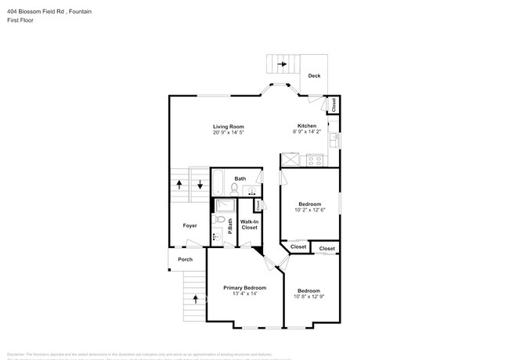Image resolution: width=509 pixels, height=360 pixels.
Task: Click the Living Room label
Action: [x=229, y=127]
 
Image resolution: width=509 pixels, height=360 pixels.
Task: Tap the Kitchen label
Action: [x=306, y=126]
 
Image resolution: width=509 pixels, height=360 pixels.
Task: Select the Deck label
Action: [x=314, y=76]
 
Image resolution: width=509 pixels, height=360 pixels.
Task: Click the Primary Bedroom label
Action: [x=244, y=288]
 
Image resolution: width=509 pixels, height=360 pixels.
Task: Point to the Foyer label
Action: [x=190, y=225]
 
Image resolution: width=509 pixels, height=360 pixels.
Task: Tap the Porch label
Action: [x=185, y=259]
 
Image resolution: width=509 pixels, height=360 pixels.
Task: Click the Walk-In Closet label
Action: [x=249, y=225]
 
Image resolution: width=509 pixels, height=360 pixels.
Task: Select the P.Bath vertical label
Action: [x=230, y=226]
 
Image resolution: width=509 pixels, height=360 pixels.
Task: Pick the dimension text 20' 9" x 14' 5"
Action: [x=229, y=133]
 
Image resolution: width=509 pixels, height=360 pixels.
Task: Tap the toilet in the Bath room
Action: [x=244, y=189]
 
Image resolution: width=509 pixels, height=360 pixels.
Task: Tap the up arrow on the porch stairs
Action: [x=194, y=298]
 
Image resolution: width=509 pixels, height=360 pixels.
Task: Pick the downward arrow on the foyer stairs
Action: [x=200, y=185]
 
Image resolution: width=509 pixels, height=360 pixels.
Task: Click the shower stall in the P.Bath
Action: [x=220, y=207]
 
